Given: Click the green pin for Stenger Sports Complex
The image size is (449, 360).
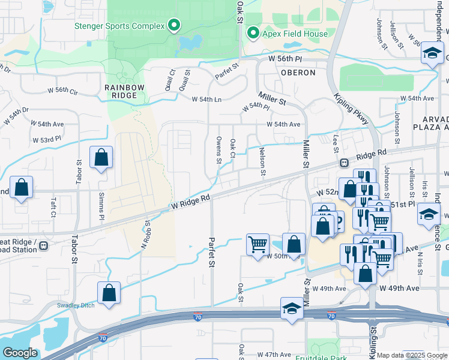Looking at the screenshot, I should pyautogui.click(x=174, y=25).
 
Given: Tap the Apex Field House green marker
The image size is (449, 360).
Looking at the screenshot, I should pyautogui.click(x=253, y=34).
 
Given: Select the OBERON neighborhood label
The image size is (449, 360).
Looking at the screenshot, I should pyautogui.click(x=298, y=73).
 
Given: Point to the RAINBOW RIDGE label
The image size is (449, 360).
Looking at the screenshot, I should pyautogui.click(x=125, y=91).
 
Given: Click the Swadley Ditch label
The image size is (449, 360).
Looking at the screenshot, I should pyautogui.click(x=76, y=305).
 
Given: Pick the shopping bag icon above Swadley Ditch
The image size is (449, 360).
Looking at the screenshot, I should pyautogui.click(x=109, y=293).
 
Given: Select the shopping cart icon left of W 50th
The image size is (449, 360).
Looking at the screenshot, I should pyautogui.click(x=258, y=244).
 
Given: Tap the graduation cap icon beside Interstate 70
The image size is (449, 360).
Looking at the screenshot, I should pyautogui.click(x=292, y=309).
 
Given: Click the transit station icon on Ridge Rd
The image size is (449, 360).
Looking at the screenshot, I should pyautogui.click(x=345, y=162).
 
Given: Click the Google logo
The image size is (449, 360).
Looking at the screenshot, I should pyautogui.click(x=19, y=353).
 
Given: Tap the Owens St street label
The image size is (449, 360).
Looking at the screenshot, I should pyautogui.click(x=219, y=149).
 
